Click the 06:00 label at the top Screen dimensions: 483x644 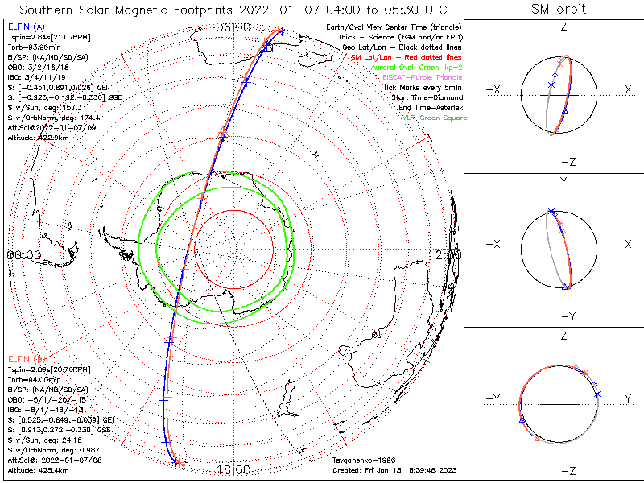click(x=233, y=27)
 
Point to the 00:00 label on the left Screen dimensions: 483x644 click(x=24, y=254)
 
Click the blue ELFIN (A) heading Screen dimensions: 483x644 click(x=24, y=27)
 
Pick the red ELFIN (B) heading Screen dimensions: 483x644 click(x=24, y=358)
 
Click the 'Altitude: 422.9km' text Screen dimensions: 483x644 click(x=38, y=138)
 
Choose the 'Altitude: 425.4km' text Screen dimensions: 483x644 click(x=38, y=468)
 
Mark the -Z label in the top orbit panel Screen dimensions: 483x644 click(x=567, y=162)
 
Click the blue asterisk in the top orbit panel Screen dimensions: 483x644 click(x=551, y=85)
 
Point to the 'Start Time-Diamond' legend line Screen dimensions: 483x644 click(x=426, y=97)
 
